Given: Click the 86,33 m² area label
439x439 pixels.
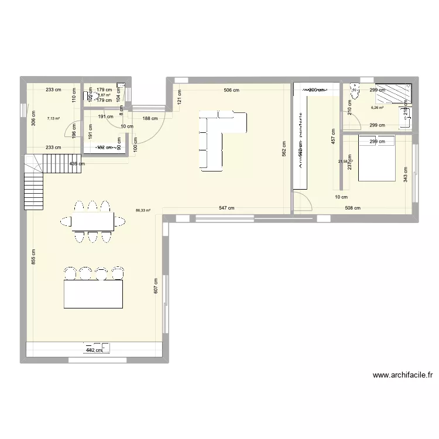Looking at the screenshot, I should click(x=143, y=211).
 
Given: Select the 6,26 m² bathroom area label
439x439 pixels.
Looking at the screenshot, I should click(x=377, y=108).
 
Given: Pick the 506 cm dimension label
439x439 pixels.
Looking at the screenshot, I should click(x=231, y=90).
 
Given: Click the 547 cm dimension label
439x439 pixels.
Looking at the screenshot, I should click(x=227, y=208).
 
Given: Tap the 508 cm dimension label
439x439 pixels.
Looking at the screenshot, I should click(x=353, y=208).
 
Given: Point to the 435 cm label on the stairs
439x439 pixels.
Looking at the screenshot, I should click(x=77, y=164).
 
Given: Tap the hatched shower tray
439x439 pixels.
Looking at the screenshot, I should click(x=394, y=94).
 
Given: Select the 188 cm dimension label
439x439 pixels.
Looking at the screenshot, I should click(x=150, y=118).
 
